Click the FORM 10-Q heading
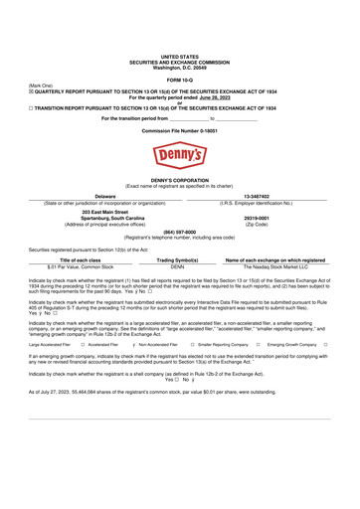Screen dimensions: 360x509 pos(179,78)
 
